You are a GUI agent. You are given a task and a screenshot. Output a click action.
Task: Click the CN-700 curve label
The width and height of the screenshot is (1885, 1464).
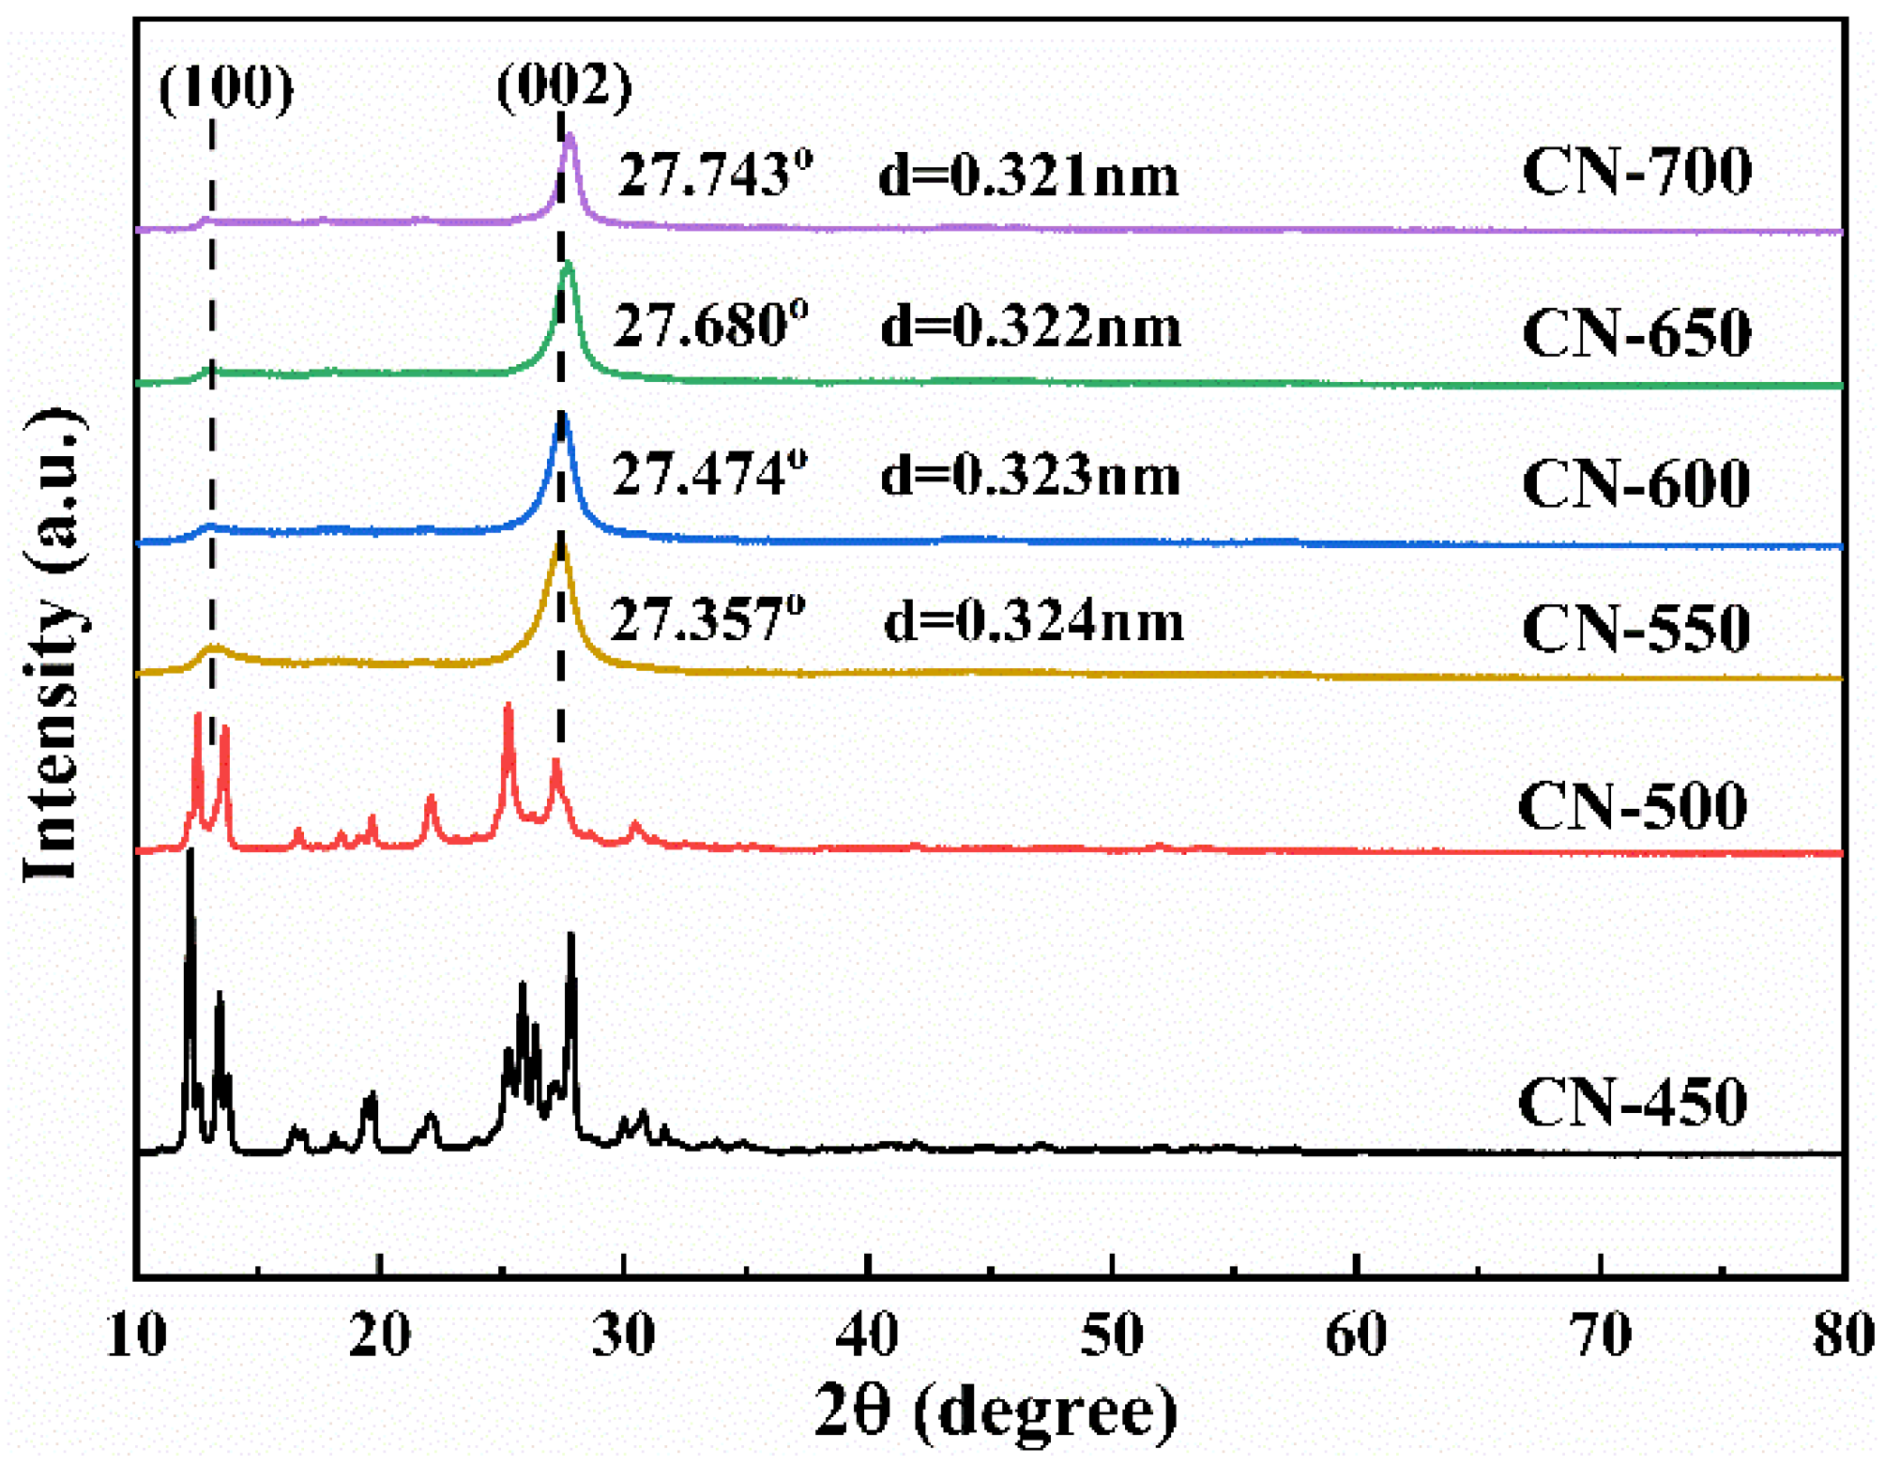[1635, 172]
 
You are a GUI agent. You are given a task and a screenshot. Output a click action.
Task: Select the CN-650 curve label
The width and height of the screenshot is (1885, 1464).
[1635, 333]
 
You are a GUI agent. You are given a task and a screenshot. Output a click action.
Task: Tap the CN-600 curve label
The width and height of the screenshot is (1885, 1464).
[1635, 484]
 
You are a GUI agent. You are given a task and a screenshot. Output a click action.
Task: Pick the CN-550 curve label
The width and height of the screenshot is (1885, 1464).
[1635, 628]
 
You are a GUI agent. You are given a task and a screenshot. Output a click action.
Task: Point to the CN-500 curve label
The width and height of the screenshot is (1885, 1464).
[1632, 806]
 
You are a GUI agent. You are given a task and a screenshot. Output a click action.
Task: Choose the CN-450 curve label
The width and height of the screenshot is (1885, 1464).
[1632, 1102]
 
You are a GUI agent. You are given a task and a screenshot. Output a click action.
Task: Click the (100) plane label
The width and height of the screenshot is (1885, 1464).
[226, 89]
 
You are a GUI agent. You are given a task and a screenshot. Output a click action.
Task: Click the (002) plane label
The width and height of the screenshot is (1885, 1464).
[564, 86]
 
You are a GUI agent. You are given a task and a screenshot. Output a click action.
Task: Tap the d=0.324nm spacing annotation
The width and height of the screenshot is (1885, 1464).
[1034, 621]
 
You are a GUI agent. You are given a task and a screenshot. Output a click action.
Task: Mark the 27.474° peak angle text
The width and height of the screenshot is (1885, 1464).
[709, 474]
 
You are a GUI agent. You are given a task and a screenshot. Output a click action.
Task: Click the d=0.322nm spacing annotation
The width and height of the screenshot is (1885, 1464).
[1030, 328]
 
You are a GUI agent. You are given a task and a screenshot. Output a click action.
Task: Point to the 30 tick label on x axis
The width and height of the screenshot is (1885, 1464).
[623, 1335]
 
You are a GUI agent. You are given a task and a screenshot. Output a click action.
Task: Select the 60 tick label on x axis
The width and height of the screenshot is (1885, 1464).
[1355, 1335]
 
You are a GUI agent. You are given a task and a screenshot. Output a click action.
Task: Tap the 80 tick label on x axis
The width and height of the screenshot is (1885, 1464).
[1843, 1335]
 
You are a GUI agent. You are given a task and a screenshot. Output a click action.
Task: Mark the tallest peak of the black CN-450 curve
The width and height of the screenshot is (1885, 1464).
[190, 852]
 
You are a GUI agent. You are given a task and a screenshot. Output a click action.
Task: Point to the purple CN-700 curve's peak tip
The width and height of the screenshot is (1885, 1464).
[570, 136]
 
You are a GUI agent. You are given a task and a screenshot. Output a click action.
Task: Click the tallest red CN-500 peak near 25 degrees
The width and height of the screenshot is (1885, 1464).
[509, 705]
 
